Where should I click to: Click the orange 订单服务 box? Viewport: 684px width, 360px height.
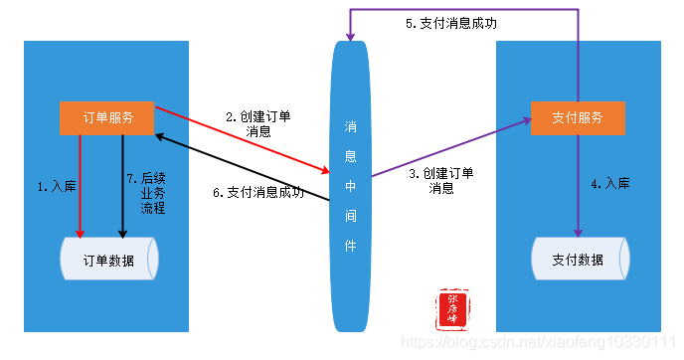point(107,117)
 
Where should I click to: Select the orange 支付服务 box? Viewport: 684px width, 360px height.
point(578,117)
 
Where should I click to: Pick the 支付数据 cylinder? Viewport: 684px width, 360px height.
point(578,261)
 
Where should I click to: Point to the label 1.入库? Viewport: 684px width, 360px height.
point(56,186)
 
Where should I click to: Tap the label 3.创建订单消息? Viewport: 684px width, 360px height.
point(441,180)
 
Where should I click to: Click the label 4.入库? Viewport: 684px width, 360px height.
point(610,184)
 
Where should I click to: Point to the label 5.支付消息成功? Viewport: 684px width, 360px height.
point(451,23)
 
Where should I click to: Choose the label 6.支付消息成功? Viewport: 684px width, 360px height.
point(258,193)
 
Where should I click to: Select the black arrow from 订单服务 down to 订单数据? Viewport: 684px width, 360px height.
point(122,189)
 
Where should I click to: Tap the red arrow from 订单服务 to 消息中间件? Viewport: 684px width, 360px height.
point(244,140)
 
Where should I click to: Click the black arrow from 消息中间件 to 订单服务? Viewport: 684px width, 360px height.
point(244,168)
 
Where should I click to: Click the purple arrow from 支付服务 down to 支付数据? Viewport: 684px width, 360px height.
point(578,184)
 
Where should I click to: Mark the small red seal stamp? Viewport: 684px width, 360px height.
point(452,309)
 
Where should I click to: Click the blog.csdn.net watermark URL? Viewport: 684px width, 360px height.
point(546,341)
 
